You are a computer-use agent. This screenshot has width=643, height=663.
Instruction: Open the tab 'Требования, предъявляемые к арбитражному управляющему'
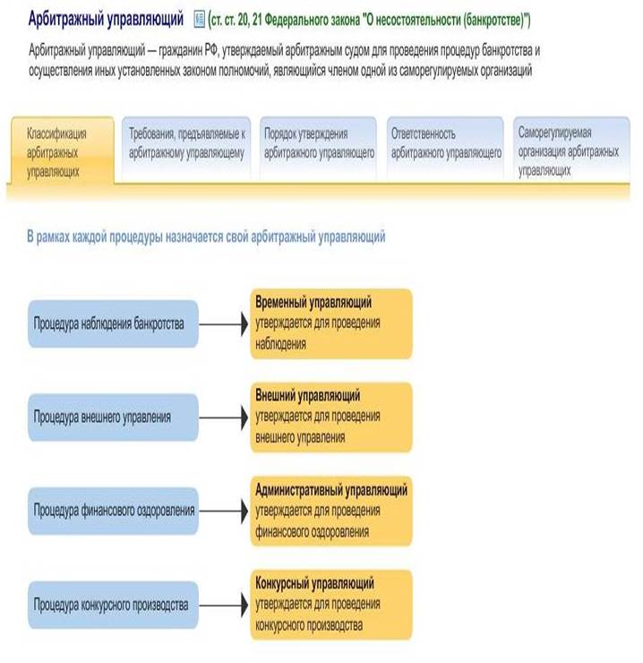(x=186, y=143)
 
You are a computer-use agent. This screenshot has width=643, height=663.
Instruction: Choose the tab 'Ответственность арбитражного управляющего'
(x=446, y=143)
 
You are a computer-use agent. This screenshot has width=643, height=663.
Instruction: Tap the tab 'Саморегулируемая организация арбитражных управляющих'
(x=569, y=151)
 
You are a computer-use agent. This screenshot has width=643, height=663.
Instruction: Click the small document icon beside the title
(x=199, y=18)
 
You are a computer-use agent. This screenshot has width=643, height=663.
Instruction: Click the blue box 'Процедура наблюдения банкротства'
(x=112, y=323)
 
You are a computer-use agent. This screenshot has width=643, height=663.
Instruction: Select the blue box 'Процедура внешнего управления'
(x=112, y=417)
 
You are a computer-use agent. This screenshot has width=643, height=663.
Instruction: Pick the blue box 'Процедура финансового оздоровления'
(x=112, y=511)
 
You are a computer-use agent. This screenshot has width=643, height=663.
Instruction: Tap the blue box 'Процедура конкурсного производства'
(x=112, y=605)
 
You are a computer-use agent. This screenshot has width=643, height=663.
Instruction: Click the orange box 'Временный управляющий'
(x=330, y=323)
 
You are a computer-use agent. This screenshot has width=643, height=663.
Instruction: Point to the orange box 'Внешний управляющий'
(x=330, y=417)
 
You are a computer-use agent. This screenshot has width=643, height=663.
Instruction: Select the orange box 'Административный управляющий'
(x=330, y=511)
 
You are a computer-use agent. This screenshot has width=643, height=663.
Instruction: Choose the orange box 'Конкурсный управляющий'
(x=330, y=605)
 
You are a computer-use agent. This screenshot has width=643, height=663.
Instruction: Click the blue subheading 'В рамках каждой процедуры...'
(x=207, y=237)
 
